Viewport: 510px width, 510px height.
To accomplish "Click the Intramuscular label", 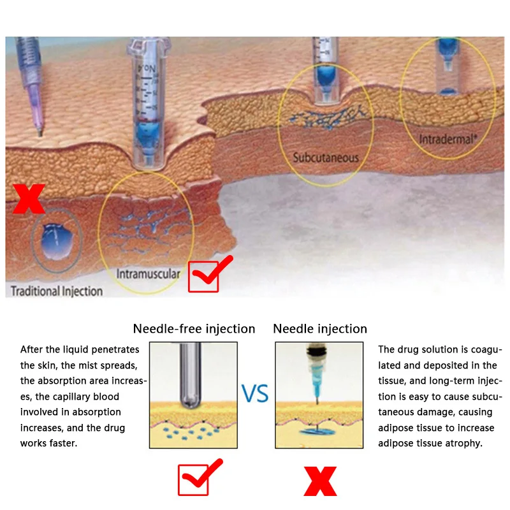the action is pos(148,274).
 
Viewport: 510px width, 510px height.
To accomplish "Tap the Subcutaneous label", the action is pos(326,157).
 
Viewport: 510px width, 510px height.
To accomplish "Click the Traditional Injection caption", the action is pos(57,291).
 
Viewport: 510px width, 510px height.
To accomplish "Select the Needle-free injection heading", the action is pos(194,329).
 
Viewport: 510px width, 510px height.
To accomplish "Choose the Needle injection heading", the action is pos(320,329).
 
